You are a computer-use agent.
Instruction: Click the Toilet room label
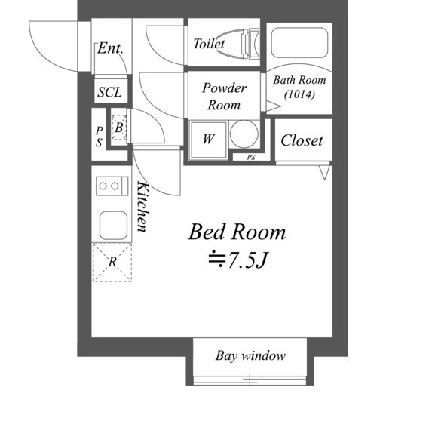209,44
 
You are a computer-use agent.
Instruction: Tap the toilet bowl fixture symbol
240,44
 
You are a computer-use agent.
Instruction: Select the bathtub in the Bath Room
299,43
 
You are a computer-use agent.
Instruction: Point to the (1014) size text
299,94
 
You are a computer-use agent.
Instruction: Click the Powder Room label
224,97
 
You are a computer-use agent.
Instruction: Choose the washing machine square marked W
209,140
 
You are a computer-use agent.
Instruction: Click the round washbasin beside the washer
244,134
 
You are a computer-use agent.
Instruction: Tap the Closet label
302,140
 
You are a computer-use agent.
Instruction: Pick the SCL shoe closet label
110,92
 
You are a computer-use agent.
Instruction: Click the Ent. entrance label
110,48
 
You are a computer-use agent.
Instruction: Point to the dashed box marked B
119,128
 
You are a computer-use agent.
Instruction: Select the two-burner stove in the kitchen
112,186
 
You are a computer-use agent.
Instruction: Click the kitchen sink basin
113,226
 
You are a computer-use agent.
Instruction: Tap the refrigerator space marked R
112,263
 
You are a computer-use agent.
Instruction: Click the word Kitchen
143,207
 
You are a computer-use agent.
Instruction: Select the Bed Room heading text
237,232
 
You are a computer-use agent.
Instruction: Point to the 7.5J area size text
237,260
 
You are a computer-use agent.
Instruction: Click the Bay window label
250,356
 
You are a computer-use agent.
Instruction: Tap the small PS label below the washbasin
251,158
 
